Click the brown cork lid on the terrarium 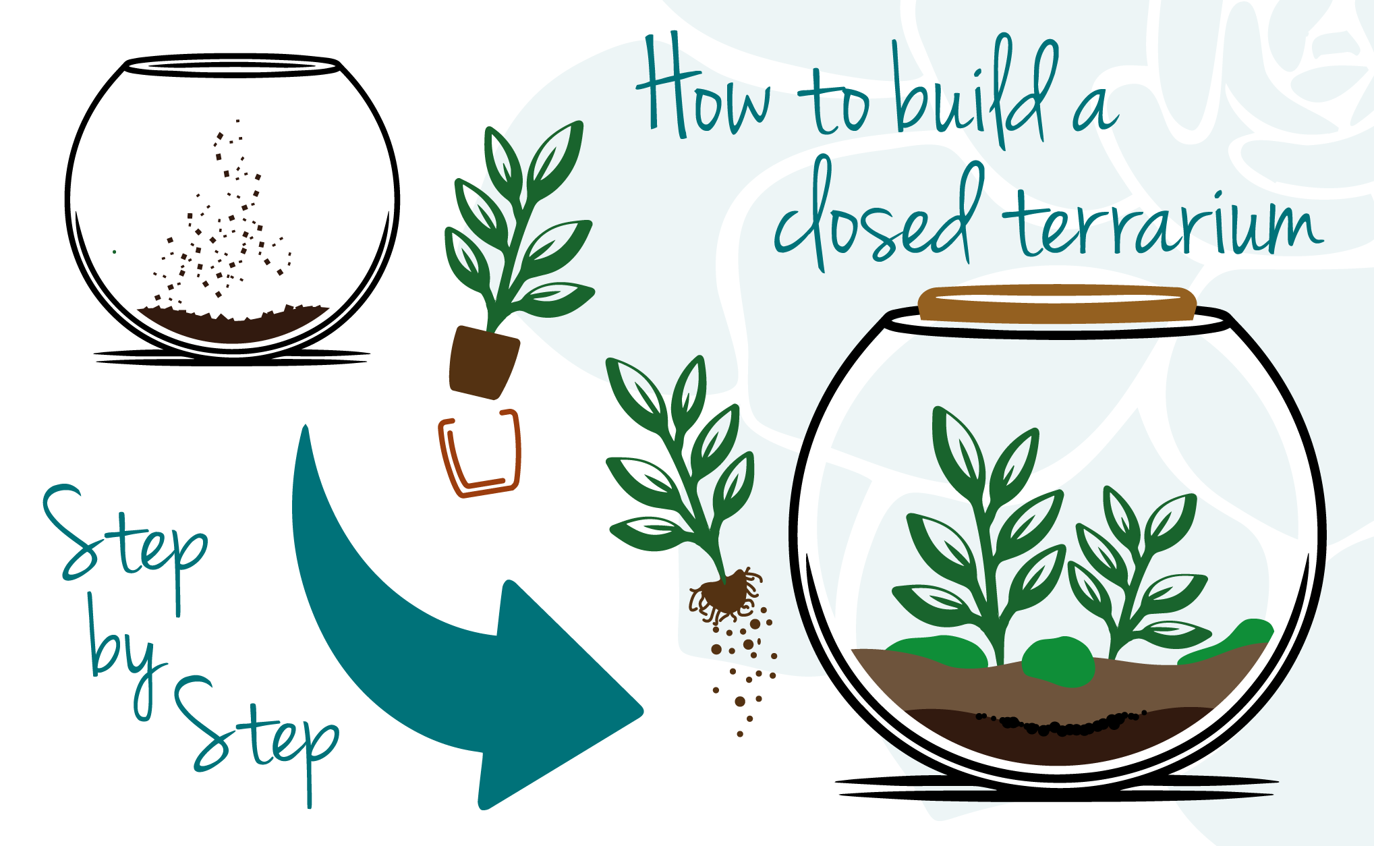(x=1057, y=304)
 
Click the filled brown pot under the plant (x=483, y=363)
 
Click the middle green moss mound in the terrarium (x=1058, y=661)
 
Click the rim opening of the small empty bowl (x=232, y=66)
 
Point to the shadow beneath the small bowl (x=232, y=358)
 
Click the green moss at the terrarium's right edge (x=1228, y=641)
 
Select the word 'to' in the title (x=834, y=101)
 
